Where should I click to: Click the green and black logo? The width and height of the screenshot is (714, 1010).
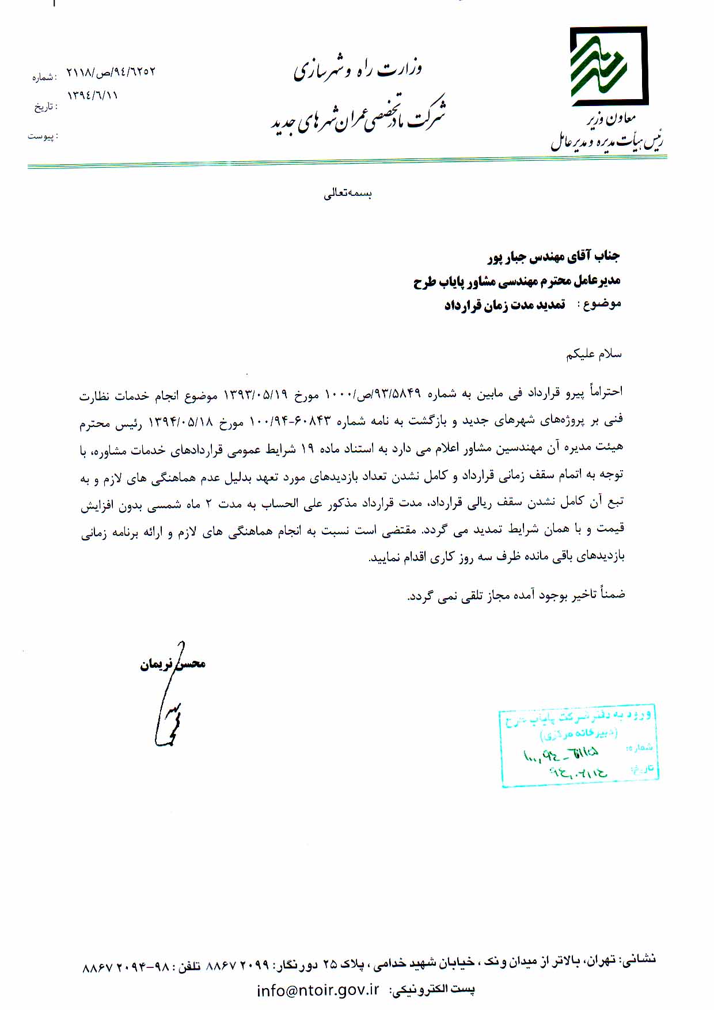609,66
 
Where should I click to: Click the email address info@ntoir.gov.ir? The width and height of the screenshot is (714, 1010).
318,990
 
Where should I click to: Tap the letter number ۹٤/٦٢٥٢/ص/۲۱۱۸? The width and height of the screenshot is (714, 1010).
111,73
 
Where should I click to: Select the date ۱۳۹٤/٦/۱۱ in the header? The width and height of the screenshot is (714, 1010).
93,95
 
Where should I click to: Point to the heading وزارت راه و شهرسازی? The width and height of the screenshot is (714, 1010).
358,70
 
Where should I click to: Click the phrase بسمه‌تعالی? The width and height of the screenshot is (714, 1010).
348,194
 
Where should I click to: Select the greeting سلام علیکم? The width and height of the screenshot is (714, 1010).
594,354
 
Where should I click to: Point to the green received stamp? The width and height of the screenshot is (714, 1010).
579,745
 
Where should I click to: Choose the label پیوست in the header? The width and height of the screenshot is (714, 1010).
43,137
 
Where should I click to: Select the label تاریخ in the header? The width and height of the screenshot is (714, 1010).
45,107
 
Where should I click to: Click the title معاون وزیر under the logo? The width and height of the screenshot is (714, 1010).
611,119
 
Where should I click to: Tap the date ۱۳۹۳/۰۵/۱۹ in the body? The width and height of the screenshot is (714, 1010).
255,394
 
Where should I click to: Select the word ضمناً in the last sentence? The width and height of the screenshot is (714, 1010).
612,593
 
